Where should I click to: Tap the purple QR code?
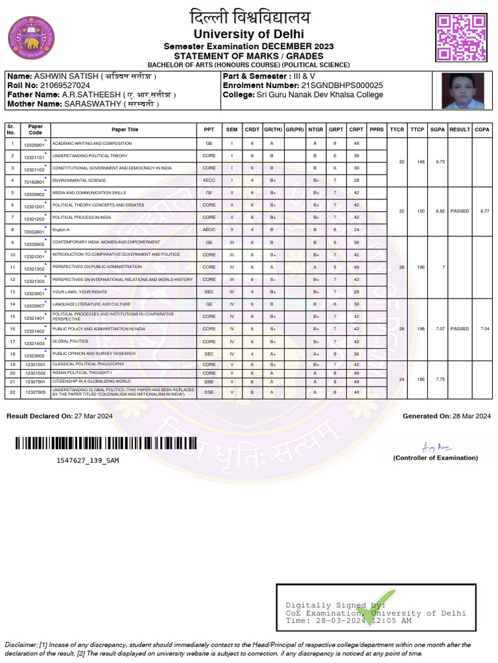tap(461, 38)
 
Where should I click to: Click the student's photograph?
tap(463, 91)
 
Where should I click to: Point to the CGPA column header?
tap(482, 129)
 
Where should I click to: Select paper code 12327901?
tap(35, 382)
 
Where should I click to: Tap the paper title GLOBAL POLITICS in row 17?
tap(70, 341)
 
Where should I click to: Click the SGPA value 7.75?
tap(440, 379)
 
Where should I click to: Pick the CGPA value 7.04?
tap(482, 329)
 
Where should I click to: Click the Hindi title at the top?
tap(249, 17)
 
